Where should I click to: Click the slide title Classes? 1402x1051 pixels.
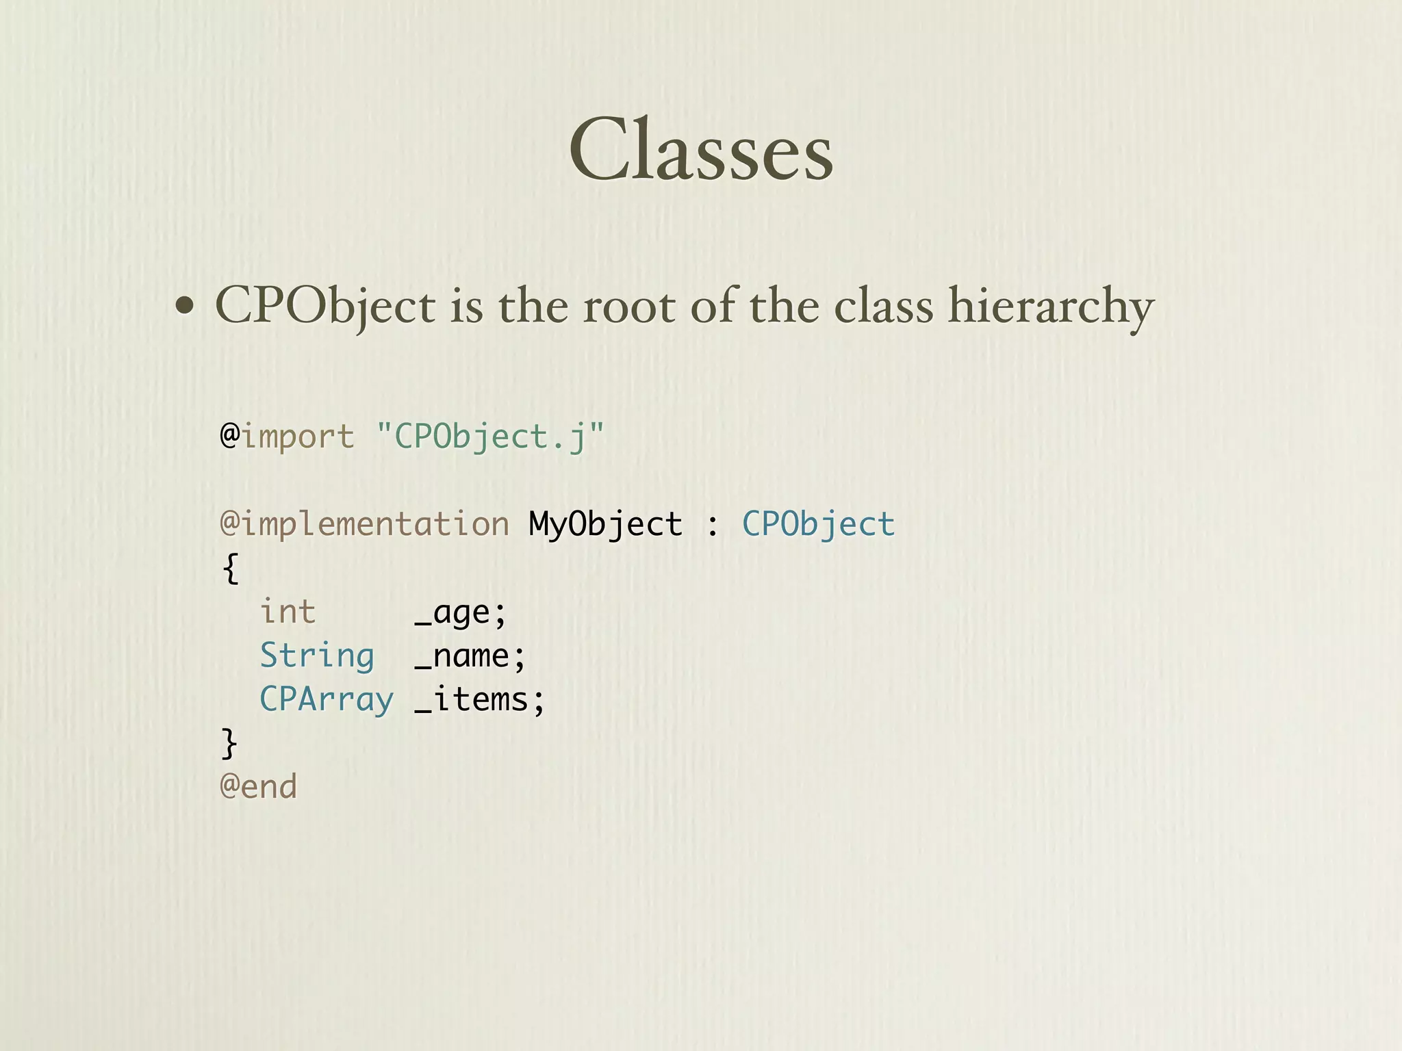point(700,151)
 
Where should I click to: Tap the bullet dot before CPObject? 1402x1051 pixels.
point(183,306)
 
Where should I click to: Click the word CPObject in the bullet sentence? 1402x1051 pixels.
point(325,306)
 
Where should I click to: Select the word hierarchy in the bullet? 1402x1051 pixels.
point(1051,306)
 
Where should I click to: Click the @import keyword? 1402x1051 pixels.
point(287,437)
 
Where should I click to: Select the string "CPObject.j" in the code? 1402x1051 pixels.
point(490,437)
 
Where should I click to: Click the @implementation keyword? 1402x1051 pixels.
point(364,524)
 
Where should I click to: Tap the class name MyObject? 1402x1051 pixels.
point(605,524)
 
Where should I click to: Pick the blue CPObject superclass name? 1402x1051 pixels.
point(819,524)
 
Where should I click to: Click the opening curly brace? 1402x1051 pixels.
point(231,568)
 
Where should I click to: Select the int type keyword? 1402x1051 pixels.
point(288,611)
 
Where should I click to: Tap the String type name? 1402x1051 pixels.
point(317,656)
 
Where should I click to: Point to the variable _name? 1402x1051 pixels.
point(470,656)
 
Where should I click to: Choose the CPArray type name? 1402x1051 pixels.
point(327,699)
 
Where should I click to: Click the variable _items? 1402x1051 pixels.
point(479,699)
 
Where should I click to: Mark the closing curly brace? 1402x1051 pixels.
point(229,743)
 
